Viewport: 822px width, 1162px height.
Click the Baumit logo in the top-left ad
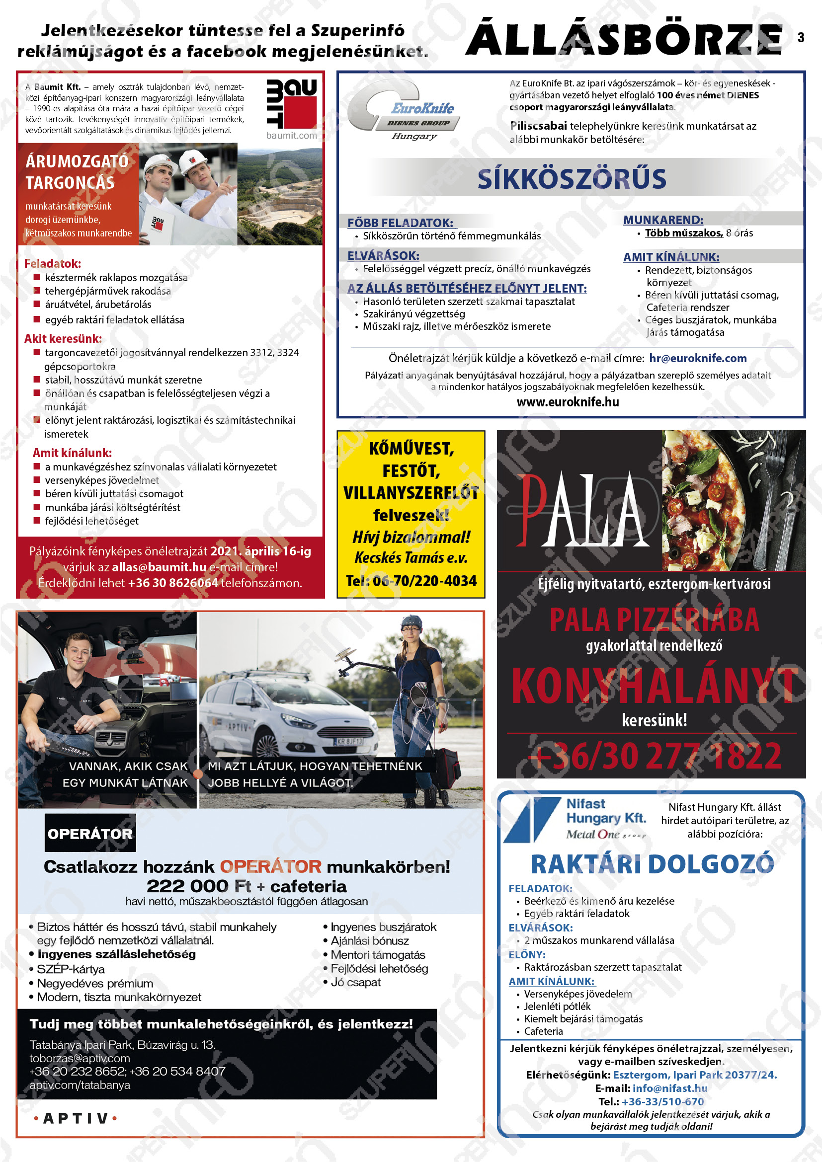(291, 103)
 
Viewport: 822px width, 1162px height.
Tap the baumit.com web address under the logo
(292, 136)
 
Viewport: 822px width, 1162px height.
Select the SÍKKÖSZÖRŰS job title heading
(572, 179)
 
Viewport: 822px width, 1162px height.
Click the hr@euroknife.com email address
(698, 358)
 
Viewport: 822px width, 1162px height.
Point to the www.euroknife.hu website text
(568, 402)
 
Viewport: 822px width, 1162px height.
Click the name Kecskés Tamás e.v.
(411, 558)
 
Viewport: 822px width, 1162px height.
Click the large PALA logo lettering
(582, 511)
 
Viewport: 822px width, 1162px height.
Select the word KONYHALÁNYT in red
(654, 686)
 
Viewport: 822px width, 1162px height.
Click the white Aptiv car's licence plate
(349, 741)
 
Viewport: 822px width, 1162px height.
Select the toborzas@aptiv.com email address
(80, 1058)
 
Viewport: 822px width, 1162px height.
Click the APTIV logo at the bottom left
(76, 1118)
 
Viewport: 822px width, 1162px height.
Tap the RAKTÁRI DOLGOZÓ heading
(652, 864)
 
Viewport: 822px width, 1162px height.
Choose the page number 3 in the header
(801, 37)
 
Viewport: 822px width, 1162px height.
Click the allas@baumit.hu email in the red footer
(159, 567)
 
